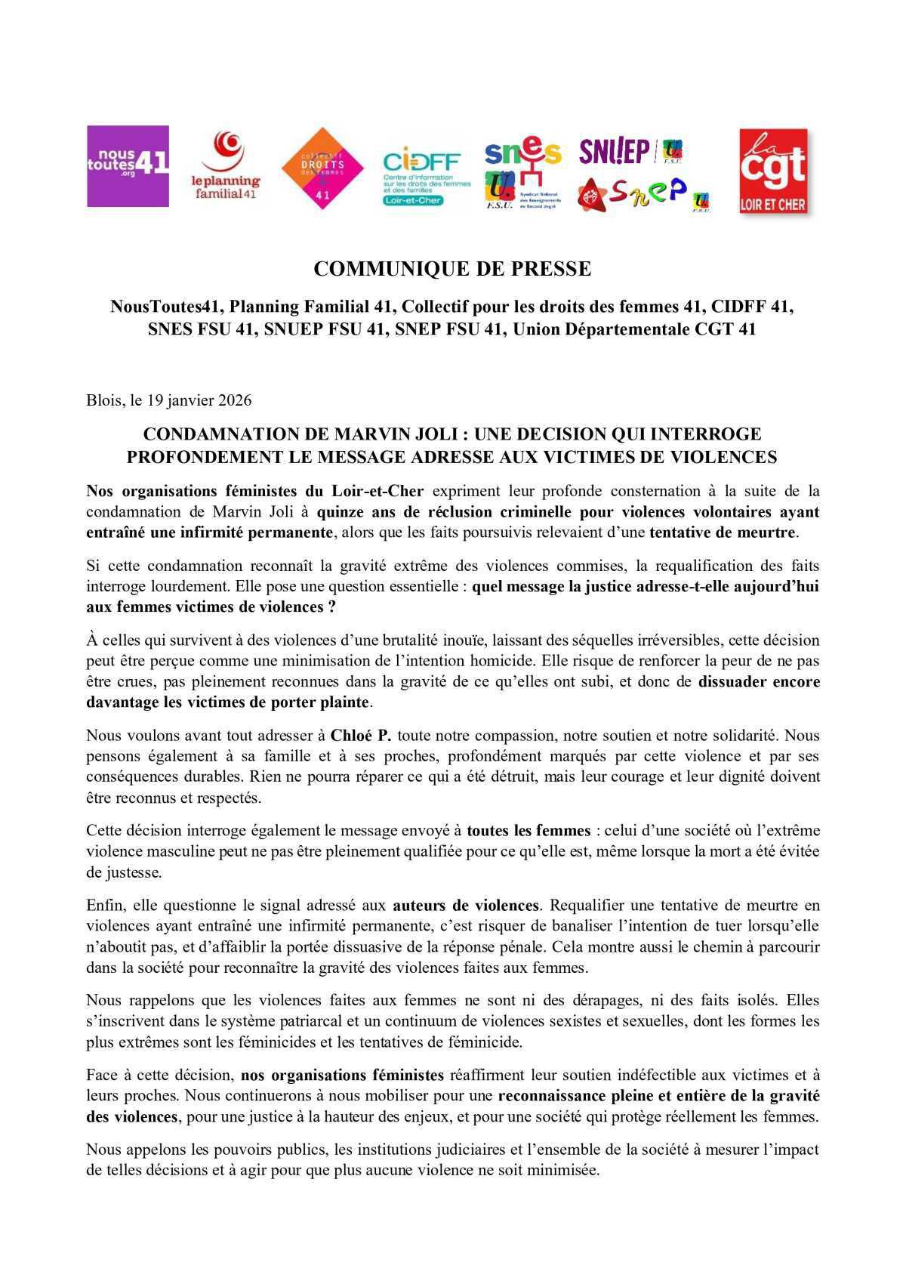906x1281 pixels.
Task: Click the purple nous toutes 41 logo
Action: (x=128, y=166)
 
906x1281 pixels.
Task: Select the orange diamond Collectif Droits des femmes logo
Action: (x=322, y=168)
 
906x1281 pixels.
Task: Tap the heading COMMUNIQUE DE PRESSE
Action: (x=452, y=269)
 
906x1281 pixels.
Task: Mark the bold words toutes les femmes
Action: (x=528, y=831)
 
